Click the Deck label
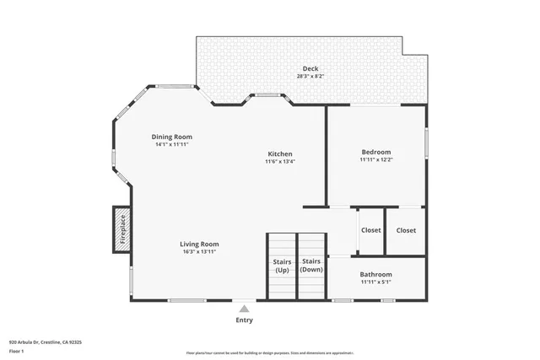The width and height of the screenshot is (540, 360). click(311, 68)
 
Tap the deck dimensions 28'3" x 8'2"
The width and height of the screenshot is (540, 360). click(311, 76)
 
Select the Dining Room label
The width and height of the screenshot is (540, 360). click(172, 137)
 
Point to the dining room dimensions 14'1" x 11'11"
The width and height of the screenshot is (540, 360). click(172, 144)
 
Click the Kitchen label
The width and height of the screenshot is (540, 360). click(280, 153)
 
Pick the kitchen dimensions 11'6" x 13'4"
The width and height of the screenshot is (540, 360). click(280, 161)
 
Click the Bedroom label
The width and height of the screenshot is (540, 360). click(376, 152)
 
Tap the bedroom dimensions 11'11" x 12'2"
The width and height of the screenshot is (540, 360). click(376, 159)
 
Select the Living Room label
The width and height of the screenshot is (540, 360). click(200, 244)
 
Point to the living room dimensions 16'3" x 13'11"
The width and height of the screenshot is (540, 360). click(200, 251)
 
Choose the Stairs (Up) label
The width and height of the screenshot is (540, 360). click(282, 266)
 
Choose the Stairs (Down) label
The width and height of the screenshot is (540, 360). click(312, 266)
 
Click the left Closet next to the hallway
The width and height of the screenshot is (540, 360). click(371, 230)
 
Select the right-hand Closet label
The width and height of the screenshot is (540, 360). click(406, 230)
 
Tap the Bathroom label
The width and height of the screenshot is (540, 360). click(376, 274)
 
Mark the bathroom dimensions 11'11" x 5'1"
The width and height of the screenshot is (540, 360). click(376, 282)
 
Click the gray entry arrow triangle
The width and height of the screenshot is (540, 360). click(244, 309)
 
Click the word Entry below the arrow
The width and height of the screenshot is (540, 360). click(244, 320)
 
